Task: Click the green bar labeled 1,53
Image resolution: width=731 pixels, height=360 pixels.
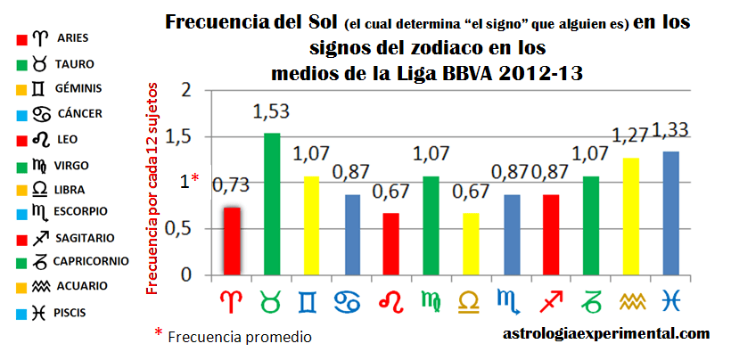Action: point(271,204)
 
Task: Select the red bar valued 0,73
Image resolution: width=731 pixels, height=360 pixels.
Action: point(232,241)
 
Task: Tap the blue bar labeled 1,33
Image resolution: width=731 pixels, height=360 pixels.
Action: point(671,213)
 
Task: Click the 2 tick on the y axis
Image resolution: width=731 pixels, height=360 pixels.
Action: point(186,90)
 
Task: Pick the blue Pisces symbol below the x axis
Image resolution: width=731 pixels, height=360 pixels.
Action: point(671,302)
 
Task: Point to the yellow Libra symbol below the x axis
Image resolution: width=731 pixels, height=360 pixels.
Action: point(472,302)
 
